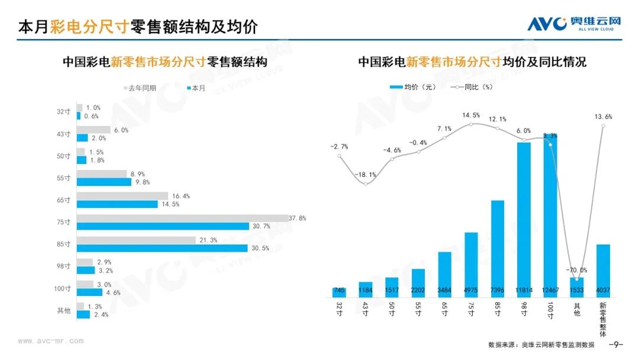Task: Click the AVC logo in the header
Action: point(574,24)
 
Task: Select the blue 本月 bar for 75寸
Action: point(163,226)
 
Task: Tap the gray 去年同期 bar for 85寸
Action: point(136,240)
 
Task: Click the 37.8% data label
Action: point(297,218)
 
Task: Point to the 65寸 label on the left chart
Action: point(63,200)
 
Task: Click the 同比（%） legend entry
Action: point(472,87)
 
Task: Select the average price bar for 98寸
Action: point(524,220)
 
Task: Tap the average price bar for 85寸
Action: point(498,249)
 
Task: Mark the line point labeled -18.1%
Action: point(366,184)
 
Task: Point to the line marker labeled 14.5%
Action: point(471,124)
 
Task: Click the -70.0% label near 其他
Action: point(577,270)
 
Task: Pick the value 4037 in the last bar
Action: point(603,290)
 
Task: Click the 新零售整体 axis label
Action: point(603,319)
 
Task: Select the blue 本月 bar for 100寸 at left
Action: point(90,292)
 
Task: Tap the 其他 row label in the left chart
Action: point(63,311)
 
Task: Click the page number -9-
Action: point(616,345)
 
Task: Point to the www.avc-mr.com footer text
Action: point(51,341)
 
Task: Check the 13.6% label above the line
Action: point(603,117)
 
